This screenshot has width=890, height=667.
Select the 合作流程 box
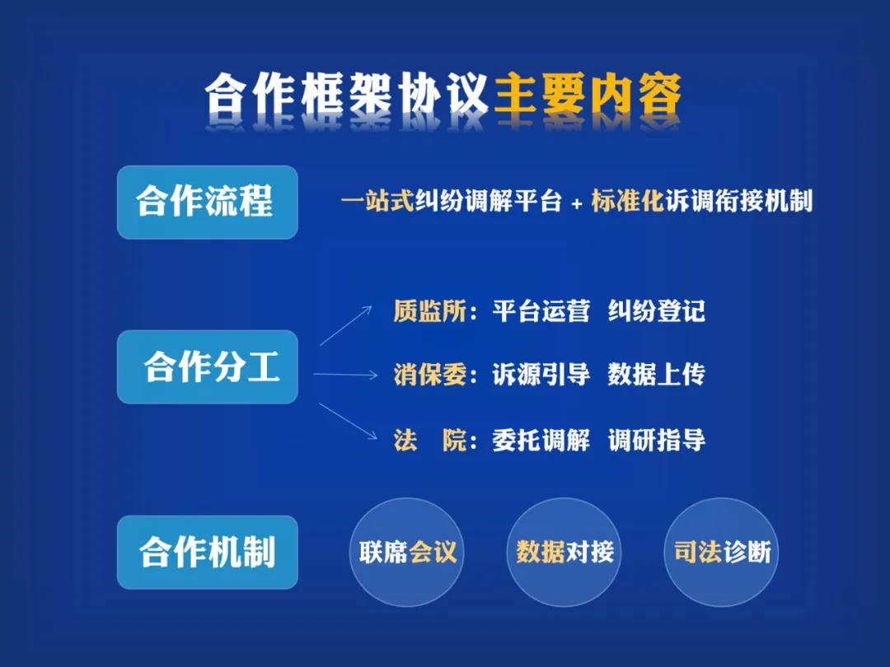coord(207,203)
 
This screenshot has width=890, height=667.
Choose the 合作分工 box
coord(207,367)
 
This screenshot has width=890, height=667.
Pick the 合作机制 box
coord(207,553)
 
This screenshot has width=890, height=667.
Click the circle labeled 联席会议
coord(407,552)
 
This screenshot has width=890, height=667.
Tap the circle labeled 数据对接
coord(564,552)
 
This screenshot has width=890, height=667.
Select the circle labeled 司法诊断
coord(722,552)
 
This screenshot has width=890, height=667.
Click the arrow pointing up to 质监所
coord(345,325)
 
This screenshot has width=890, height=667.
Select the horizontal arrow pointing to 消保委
coord(345,375)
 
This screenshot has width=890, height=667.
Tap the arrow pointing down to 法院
coord(345,425)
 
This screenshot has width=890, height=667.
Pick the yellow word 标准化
coord(627,202)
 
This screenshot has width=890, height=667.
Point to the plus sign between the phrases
coord(577,203)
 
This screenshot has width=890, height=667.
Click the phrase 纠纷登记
coord(656,311)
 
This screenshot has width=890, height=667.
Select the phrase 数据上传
coord(656,375)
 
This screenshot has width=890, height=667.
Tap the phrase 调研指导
coord(656,441)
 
